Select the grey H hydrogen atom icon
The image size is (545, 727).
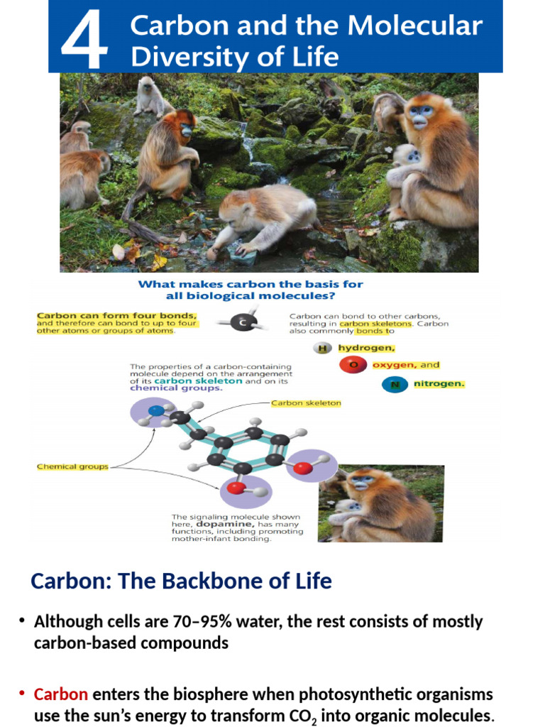click(323, 348)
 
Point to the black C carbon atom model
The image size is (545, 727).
click(243, 323)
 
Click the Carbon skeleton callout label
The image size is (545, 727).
click(307, 403)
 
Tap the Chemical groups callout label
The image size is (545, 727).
click(72, 466)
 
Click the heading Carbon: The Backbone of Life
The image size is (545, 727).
click(181, 581)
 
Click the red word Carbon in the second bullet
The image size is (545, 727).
click(60, 694)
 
